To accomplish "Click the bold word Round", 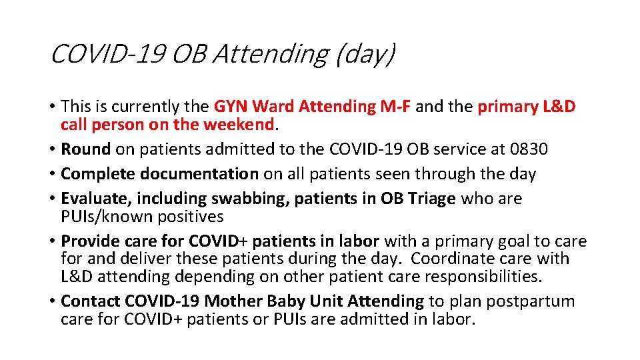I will click(x=86, y=149).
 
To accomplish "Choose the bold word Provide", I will click(x=89, y=241).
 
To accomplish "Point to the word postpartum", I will click(x=530, y=301).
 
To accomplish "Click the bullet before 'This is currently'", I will click(x=52, y=107).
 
